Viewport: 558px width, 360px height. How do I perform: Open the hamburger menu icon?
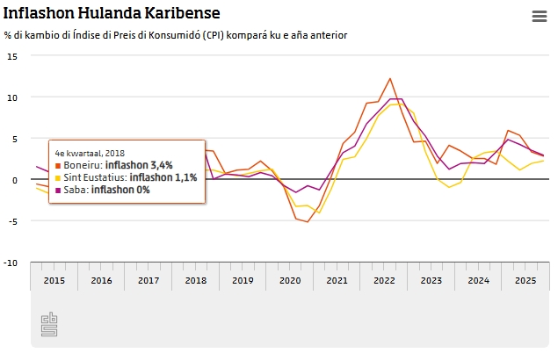(540, 16)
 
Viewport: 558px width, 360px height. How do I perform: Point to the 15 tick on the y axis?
(12, 55)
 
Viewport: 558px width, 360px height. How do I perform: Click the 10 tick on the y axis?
(12, 97)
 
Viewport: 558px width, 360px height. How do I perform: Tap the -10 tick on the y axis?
(11, 262)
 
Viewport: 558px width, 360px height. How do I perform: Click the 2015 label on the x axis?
(54, 280)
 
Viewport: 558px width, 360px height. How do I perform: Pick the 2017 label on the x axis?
(149, 280)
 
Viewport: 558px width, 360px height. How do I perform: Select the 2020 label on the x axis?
(290, 280)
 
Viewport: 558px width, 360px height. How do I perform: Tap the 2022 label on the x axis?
(384, 280)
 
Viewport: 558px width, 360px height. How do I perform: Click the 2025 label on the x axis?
(525, 280)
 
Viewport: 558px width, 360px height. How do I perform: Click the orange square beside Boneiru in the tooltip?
(58, 164)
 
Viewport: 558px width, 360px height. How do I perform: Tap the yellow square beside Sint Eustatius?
(58, 177)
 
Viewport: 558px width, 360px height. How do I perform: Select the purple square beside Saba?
(58, 191)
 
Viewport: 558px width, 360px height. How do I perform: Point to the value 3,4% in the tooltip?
(162, 164)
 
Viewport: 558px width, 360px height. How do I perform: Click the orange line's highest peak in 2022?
(390, 78)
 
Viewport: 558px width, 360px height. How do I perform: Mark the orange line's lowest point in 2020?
(308, 221)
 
